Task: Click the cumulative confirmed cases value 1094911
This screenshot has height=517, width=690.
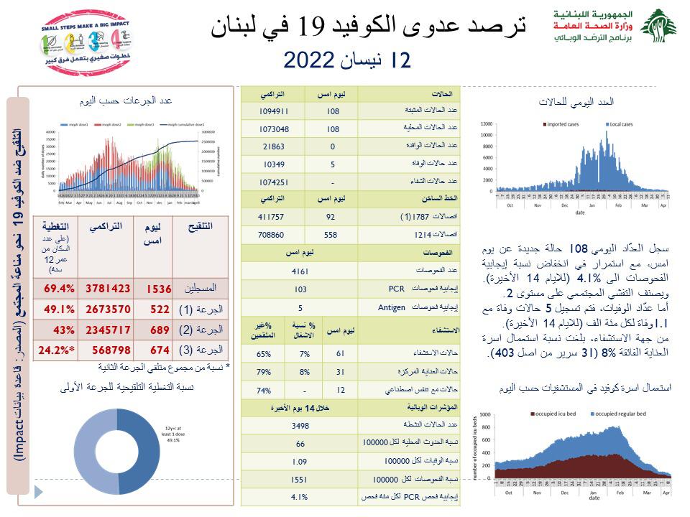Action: [x=274, y=111]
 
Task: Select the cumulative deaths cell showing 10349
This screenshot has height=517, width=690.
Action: [x=274, y=165]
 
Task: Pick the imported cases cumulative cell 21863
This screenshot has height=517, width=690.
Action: [x=274, y=147]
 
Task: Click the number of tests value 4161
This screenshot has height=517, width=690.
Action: [x=300, y=271]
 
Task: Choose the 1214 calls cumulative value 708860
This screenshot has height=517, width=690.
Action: [x=274, y=235]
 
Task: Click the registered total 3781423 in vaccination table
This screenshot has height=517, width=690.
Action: [x=109, y=288]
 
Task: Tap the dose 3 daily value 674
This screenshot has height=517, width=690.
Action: [x=157, y=350]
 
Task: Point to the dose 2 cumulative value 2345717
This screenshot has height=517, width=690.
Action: [x=109, y=329]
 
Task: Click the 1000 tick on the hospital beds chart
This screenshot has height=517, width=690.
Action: [x=484, y=414]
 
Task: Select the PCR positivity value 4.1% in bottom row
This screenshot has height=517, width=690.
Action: [x=300, y=497]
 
